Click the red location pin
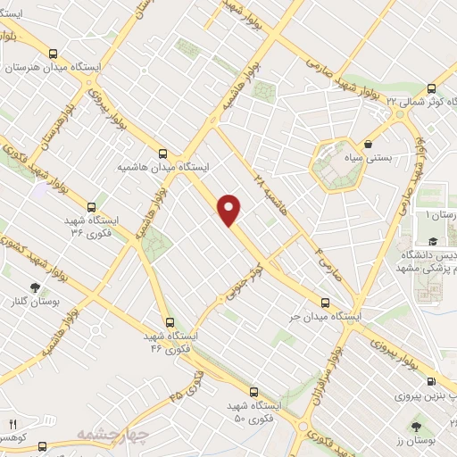230,209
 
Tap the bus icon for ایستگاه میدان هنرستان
55,53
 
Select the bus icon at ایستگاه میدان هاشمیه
162,152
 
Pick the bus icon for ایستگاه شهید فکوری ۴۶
168,322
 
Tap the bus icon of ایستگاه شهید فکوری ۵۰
253,392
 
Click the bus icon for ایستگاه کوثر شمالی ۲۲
431,88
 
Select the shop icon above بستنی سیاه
368,143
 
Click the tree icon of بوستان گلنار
35,287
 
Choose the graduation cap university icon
432,242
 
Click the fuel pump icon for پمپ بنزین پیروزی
433,381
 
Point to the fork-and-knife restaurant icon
12,424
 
